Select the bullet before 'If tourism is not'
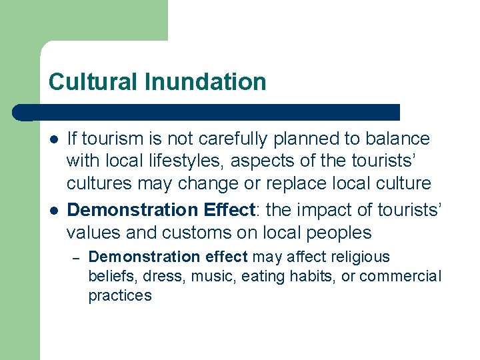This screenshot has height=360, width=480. coord(53,139)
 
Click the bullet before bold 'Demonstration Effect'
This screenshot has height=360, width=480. coord(53,210)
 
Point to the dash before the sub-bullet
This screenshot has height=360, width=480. coord(75,257)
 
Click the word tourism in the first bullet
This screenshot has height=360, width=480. coord(110,139)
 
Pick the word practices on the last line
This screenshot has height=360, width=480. coord(120,295)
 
